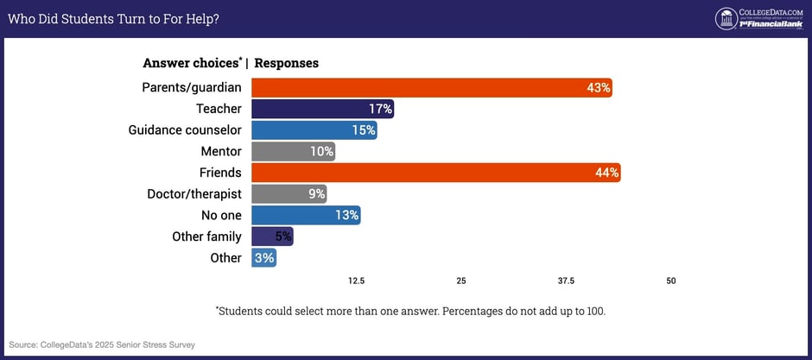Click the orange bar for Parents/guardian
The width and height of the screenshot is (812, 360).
[431, 87]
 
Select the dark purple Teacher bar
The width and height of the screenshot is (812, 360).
[322, 109]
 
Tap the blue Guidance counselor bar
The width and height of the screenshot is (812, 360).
[314, 130]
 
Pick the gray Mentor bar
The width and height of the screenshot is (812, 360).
[293, 151]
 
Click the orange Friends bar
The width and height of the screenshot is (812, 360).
[435, 173]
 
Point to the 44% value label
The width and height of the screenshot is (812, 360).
[607, 173]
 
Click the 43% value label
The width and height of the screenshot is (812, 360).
[599, 87]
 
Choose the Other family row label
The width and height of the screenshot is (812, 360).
[207, 237]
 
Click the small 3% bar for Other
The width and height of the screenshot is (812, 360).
[263, 257]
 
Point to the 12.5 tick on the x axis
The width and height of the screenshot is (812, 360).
[356, 281]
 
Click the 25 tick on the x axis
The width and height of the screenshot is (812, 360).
[461, 281]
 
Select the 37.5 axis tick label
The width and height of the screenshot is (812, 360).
[566, 281]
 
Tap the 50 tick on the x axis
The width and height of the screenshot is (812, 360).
[671, 281]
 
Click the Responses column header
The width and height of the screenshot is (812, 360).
[286, 63]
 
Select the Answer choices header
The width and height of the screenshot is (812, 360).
[192, 63]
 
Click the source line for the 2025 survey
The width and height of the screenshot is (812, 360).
[102, 344]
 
